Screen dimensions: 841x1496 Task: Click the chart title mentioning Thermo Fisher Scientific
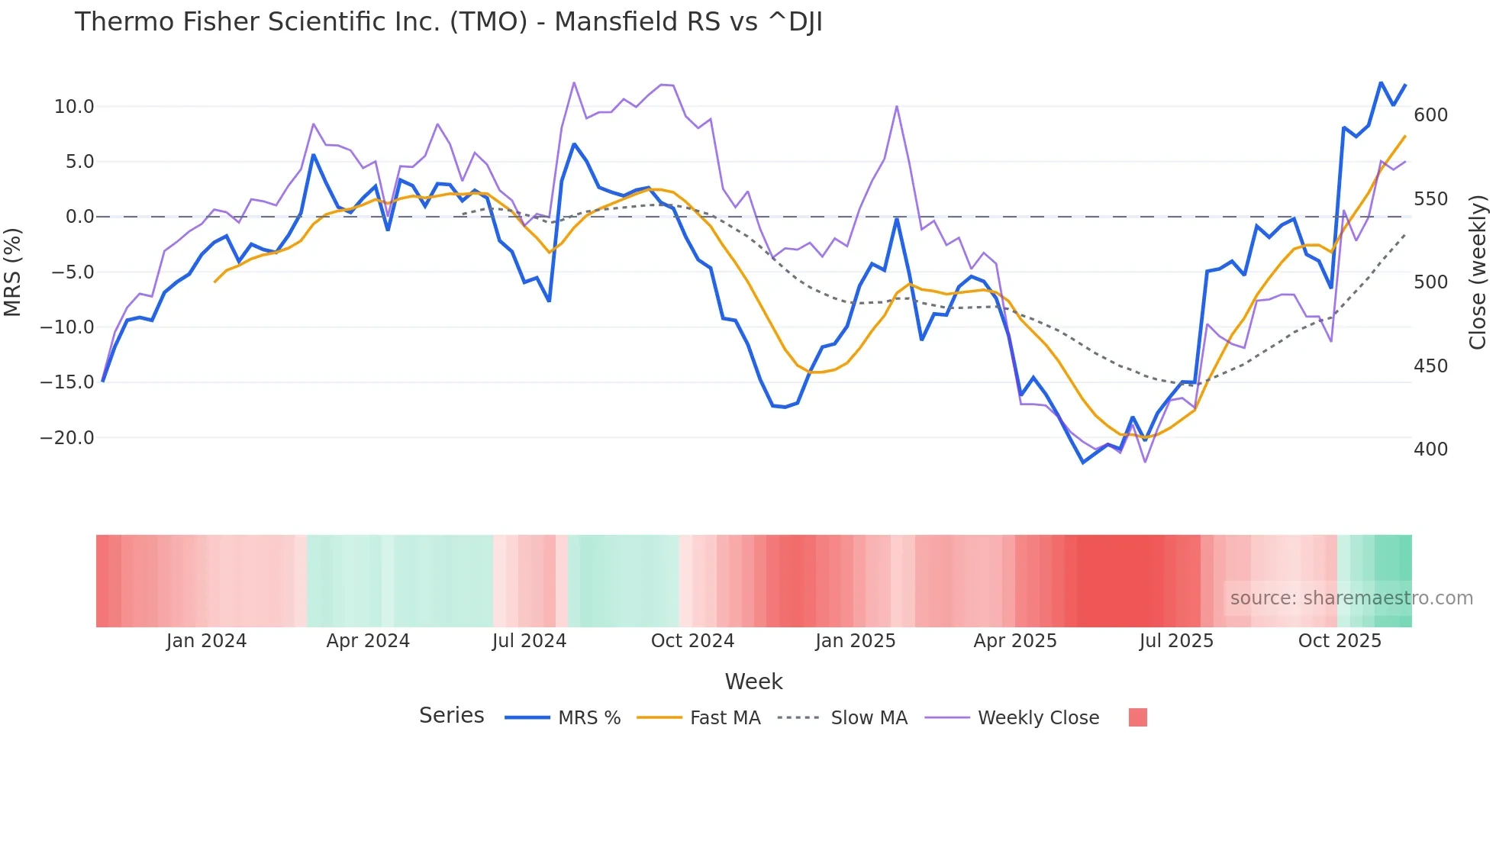click(448, 22)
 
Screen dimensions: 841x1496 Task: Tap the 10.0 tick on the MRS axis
click(74, 107)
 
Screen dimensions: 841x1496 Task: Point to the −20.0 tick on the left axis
click(67, 438)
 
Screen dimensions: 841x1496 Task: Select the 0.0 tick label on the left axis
click(79, 217)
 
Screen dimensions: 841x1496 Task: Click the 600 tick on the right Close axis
click(1430, 115)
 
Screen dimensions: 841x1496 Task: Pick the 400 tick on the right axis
click(1430, 449)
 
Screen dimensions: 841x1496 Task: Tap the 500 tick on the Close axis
click(1430, 282)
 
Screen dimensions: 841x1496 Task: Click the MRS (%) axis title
click(13, 272)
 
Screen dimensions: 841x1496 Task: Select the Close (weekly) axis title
click(1478, 272)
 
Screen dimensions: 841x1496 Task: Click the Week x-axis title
click(753, 681)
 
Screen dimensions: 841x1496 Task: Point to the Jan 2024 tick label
click(206, 641)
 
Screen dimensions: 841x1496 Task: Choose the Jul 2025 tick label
click(1176, 641)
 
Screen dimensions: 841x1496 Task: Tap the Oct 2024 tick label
click(692, 641)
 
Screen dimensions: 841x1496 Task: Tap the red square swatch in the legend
click(1137, 717)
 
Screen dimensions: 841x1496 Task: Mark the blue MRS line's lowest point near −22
click(1083, 462)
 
